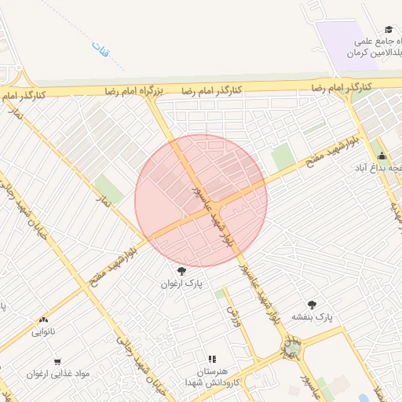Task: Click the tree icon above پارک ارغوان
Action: click(182, 270)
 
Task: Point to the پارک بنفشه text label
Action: click(313, 316)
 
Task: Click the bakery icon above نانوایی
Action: click(42, 320)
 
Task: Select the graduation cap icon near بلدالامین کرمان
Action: click(390, 29)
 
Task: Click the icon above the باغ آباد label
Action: click(382, 155)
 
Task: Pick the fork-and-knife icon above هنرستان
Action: click(211, 358)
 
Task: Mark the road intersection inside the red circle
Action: click(220, 206)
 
